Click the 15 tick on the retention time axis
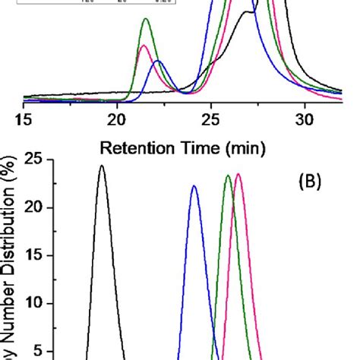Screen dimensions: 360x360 tap(24, 119)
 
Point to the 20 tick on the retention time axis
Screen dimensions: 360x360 tap(117, 119)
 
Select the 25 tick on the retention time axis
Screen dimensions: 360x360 tap(210, 119)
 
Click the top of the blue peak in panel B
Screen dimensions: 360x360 tap(194, 186)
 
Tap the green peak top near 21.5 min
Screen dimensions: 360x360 tap(146, 19)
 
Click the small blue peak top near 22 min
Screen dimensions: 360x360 tap(157, 61)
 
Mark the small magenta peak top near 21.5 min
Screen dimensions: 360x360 tap(144, 46)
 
